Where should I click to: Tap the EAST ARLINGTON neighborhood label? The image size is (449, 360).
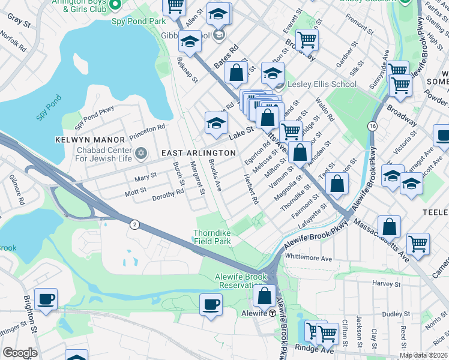pos(199,154)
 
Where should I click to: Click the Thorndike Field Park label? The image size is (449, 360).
pos(212,237)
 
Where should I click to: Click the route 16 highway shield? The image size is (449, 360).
pos(373,126)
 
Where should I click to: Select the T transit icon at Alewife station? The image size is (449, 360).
pos(272,313)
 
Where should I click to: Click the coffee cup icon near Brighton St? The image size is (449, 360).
pos(46,298)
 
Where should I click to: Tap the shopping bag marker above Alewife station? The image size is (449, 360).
pos(264,295)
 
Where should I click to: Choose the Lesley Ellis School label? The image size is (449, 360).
pos(322,84)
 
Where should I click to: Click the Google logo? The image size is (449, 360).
pos(20,352)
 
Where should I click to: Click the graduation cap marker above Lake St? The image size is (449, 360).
pos(216,122)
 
